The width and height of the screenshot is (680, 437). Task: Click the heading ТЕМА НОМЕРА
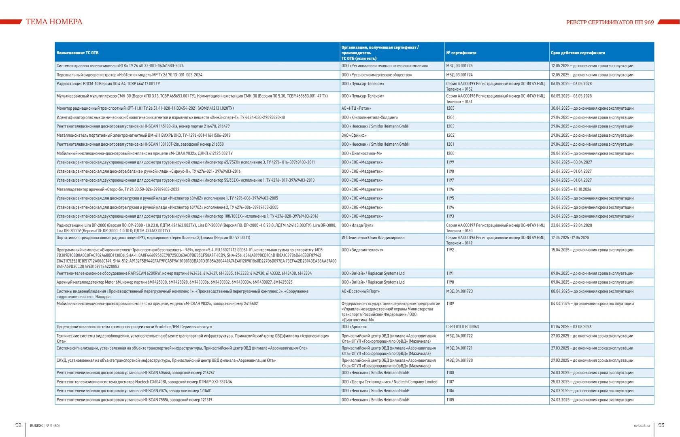point(54,22)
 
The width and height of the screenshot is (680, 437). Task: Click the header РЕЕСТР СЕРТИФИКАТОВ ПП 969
point(610,22)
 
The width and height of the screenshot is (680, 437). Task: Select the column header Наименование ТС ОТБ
point(77,53)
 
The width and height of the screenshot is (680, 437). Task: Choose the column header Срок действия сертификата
point(578,53)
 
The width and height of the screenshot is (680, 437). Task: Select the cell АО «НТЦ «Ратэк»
point(356,108)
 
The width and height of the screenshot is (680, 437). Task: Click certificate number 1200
point(450,153)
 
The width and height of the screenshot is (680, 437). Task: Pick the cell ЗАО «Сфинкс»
point(354,136)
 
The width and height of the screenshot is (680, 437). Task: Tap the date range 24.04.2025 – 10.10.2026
point(571,189)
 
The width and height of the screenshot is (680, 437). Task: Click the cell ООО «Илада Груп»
point(357,225)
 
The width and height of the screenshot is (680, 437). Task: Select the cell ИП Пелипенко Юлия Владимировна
point(373,238)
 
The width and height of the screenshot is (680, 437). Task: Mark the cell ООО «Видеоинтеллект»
point(362,250)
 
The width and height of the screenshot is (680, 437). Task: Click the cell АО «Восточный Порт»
point(360,291)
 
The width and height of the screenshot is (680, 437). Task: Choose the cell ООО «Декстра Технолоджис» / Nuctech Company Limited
point(389,382)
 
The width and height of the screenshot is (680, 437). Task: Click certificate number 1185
point(450,400)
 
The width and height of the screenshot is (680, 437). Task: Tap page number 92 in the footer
point(18,425)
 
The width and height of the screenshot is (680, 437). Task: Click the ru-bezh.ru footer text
point(642,425)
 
